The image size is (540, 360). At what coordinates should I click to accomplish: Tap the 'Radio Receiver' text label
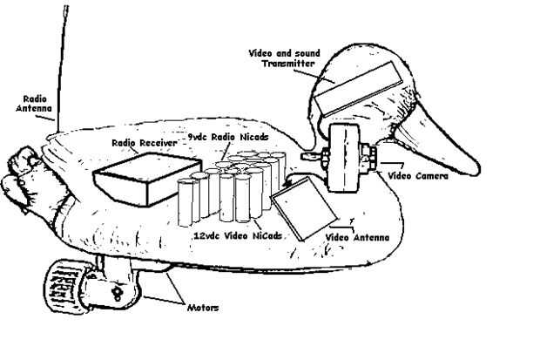click(x=140, y=141)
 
